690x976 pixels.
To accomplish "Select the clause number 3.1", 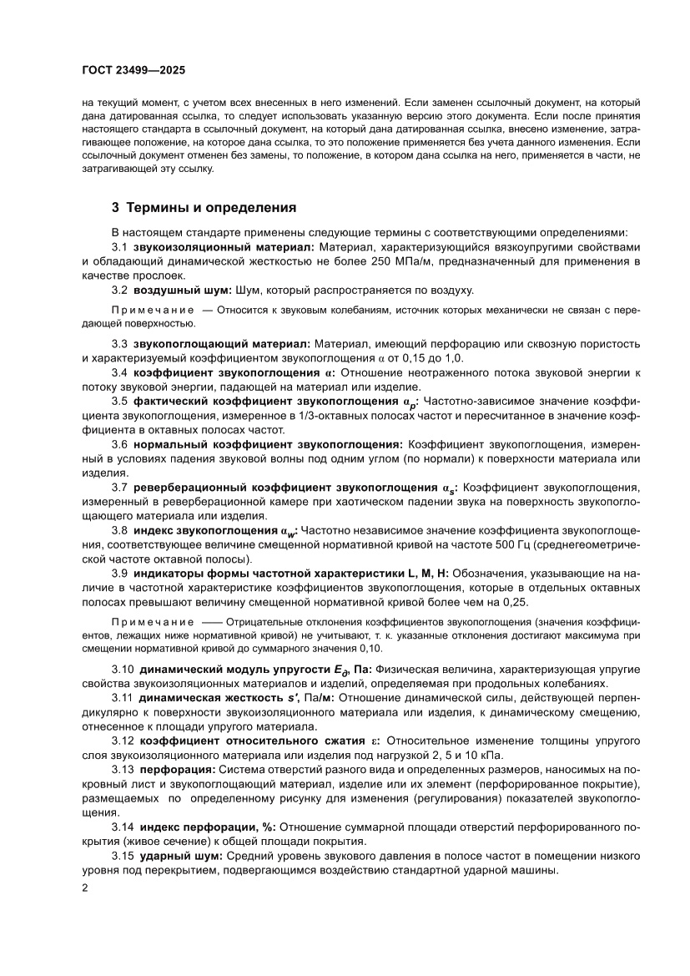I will (119, 247).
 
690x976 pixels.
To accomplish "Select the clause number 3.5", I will (119, 402).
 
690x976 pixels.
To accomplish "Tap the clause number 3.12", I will (123, 741).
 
